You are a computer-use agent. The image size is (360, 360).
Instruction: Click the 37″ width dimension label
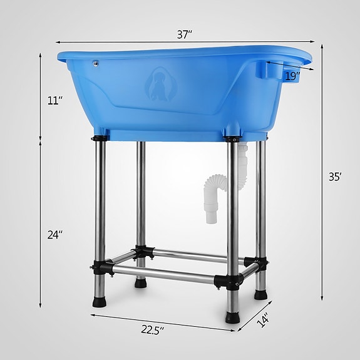click(183, 35)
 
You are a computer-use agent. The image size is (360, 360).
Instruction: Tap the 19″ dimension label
click(291, 76)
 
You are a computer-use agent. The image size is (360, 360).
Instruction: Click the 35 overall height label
click(334, 177)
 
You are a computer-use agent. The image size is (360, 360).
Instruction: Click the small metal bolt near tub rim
click(95, 63)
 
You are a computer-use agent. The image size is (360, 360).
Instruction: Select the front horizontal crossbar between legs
click(166, 277)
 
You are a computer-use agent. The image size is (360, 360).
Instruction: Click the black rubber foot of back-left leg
click(139, 283)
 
